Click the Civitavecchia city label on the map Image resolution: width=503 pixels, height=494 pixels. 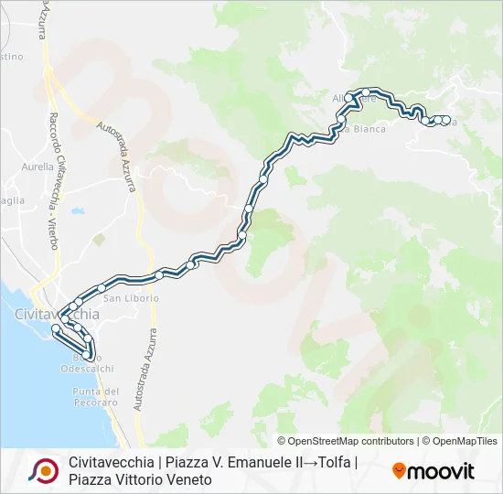[58, 314]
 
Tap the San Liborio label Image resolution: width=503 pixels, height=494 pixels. [131, 298]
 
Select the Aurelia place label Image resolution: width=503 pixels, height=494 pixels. [37, 167]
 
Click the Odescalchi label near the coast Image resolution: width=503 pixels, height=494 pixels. [87, 369]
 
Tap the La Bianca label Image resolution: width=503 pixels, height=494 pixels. [365, 129]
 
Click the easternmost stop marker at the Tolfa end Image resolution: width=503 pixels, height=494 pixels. [445, 120]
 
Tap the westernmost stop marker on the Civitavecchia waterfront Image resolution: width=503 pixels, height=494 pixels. [56, 328]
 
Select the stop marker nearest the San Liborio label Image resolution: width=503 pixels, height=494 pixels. [159, 274]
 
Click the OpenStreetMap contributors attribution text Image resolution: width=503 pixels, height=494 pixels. [346, 441]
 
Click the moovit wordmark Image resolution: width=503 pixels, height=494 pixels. [441, 471]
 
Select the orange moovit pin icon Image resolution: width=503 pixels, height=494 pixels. [399, 471]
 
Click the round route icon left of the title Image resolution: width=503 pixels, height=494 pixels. [43, 470]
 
